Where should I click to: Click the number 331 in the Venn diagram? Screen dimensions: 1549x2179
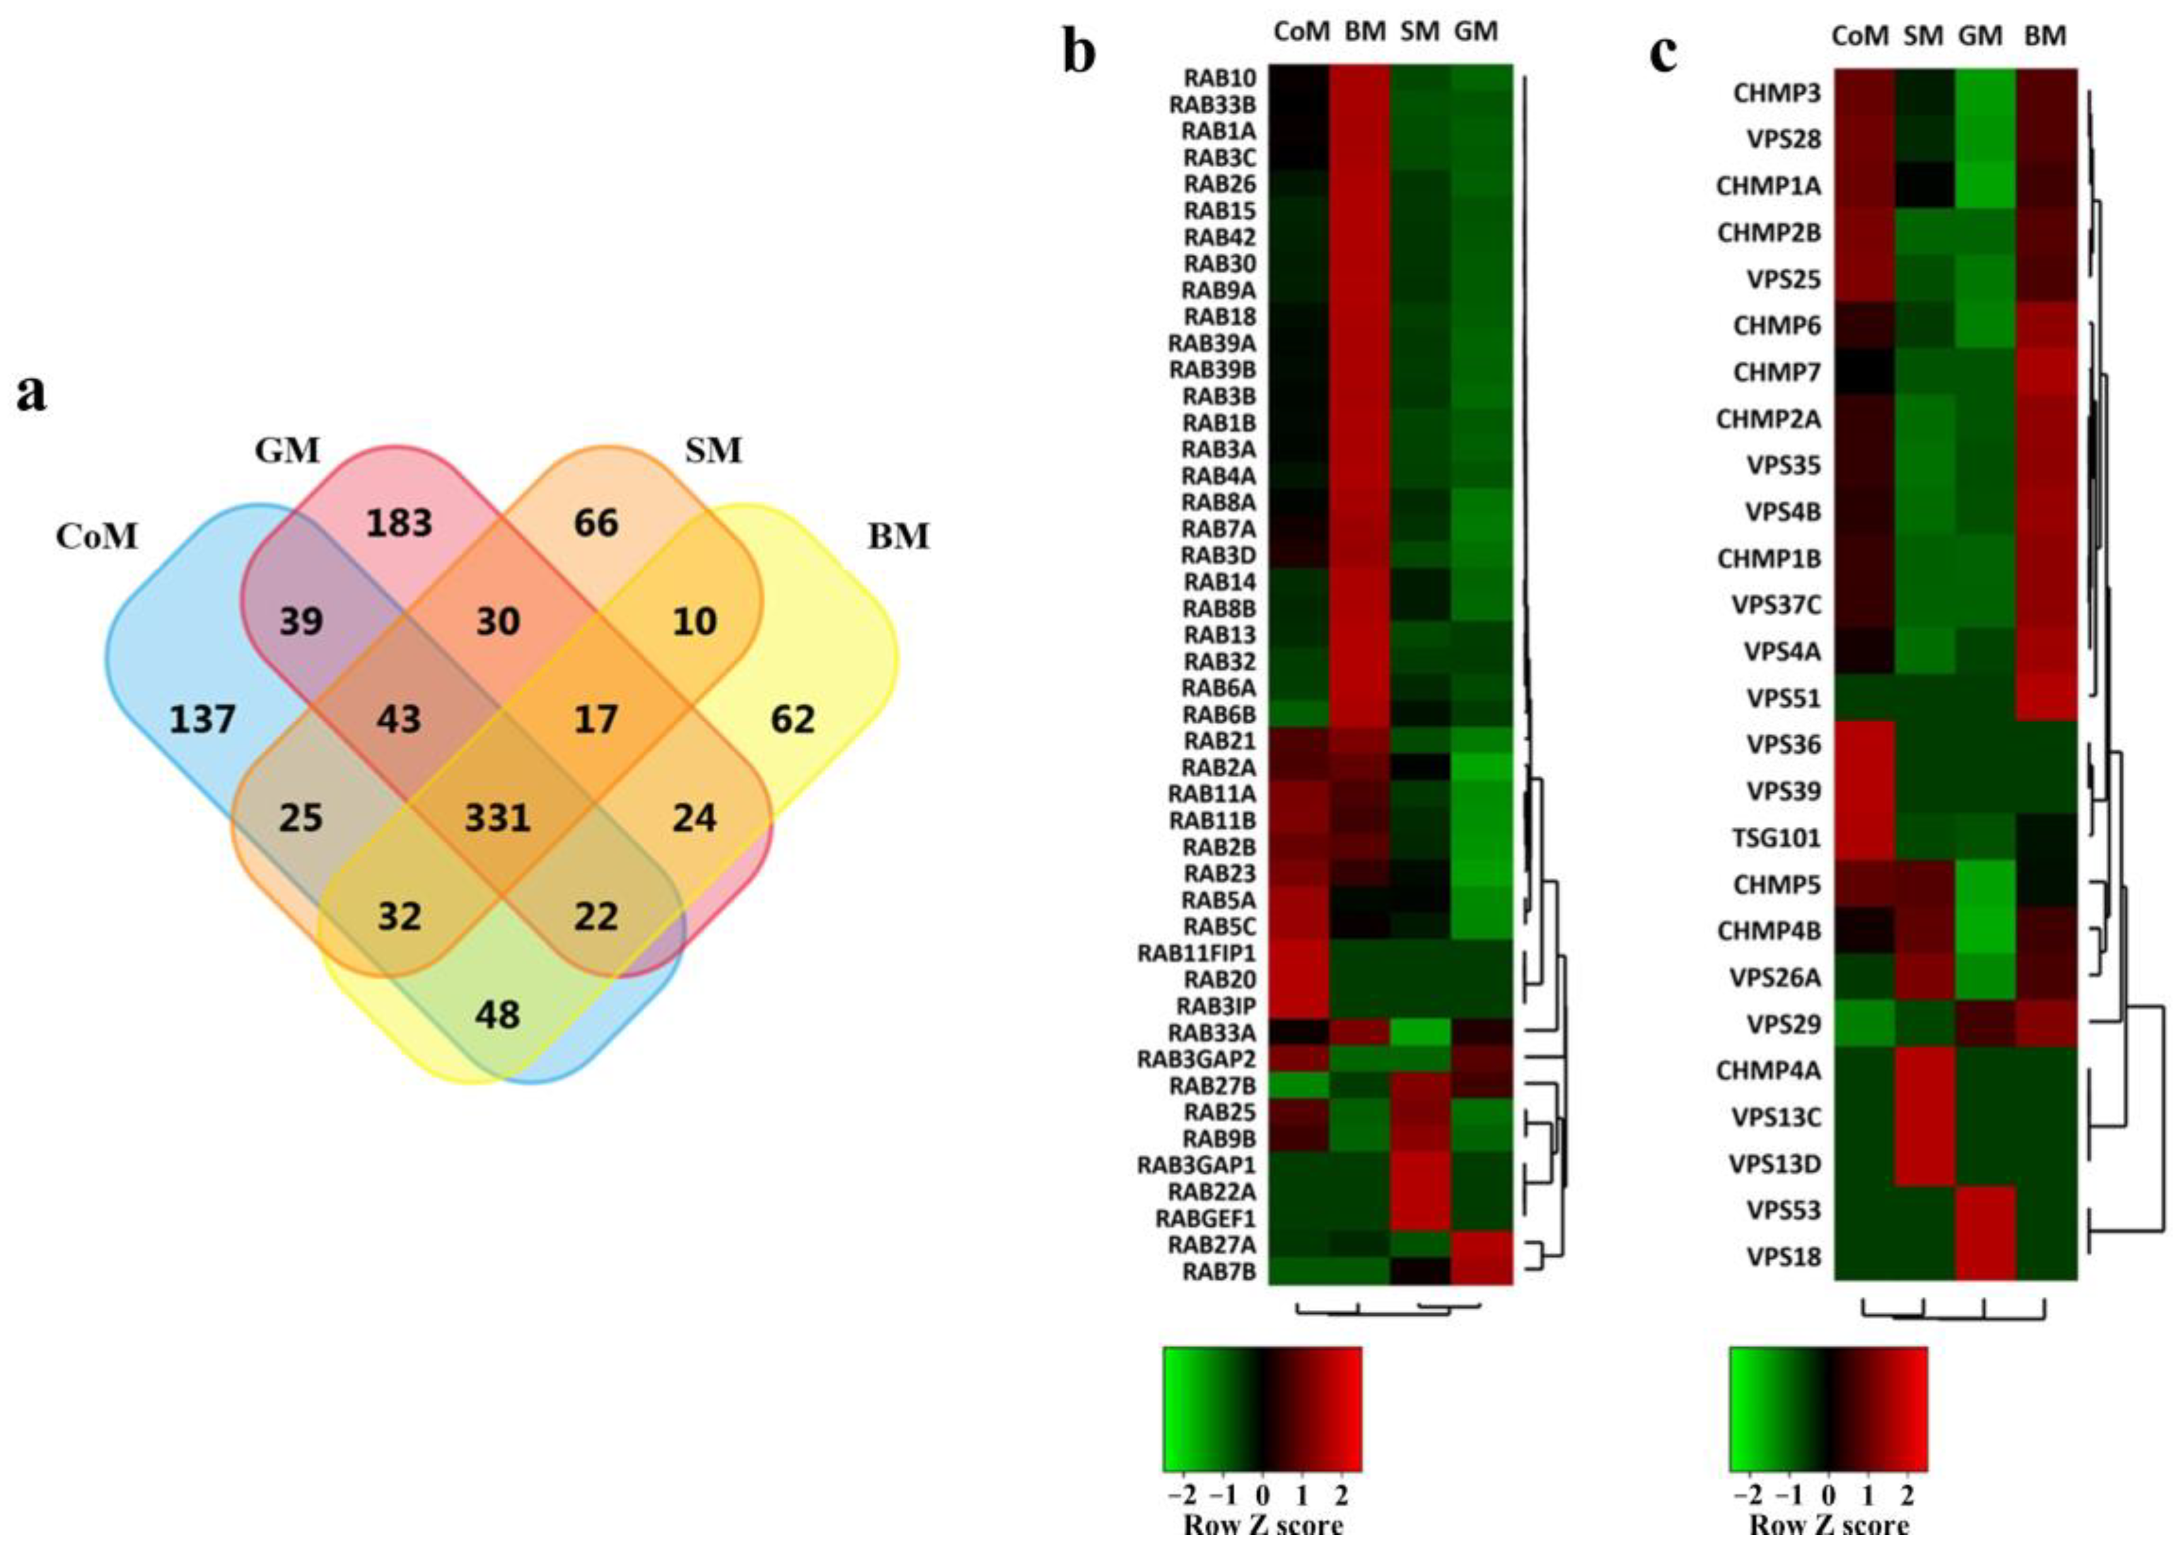point(497,819)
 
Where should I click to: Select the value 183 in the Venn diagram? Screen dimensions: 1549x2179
point(400,523)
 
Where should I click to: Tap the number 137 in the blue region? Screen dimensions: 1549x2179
point(202,719)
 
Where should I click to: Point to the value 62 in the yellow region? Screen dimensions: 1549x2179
point(793,719)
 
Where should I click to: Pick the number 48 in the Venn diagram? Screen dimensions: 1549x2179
point(497,1015)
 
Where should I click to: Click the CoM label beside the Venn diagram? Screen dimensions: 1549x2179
point(96,537)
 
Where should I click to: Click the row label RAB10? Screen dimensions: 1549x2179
point(1221,77)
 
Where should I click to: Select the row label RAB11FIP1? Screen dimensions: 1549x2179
point(1197,953)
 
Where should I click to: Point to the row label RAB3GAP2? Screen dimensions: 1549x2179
point(1197,1059)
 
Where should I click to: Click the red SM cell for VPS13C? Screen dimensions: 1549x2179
point(1922,1117)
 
